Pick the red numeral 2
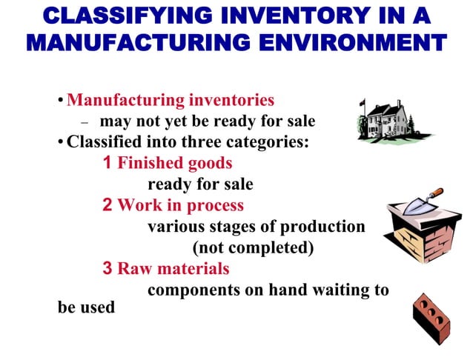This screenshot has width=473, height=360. [x=107, y=205]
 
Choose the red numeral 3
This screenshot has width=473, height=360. [x=107, y=268]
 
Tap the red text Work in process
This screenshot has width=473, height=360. [x=180, y=205]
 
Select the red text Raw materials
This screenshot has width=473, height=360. [x=173, y=268]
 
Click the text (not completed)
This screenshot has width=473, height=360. [x=253, y=247]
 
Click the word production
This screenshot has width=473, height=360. [x=325, y=226]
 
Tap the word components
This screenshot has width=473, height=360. [x=192, y=290]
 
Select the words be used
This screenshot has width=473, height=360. [x=86, y=306]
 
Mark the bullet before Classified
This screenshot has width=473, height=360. [x=62, y=142]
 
